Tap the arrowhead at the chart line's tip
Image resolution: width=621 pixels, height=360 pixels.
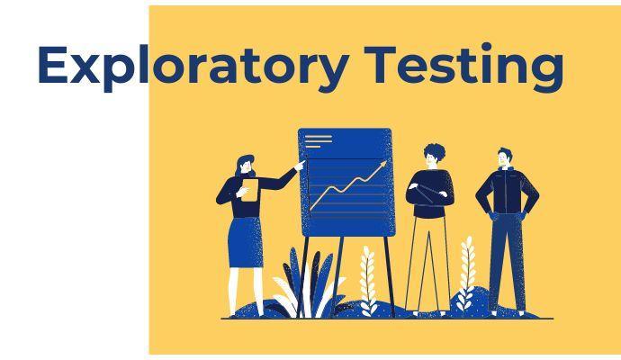(x=384, y=164)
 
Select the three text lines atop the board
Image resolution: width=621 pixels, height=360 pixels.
(x=319, y=140)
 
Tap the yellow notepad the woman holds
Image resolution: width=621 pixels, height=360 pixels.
(x=249, y=190)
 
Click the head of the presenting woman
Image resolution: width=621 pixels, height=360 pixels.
(x=246, y=165)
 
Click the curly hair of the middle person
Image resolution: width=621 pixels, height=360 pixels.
(x=434, y=151)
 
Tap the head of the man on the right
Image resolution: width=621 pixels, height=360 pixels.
(x=506, y=157)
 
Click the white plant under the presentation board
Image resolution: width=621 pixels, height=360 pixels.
(x=367, y=278)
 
